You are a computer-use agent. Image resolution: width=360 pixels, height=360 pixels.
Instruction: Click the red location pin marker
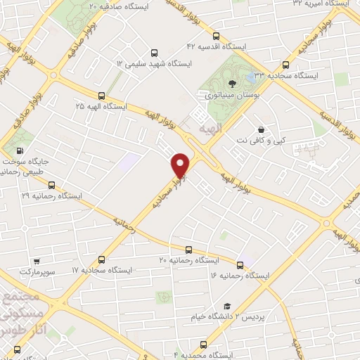pyautogui.click(x=181, y=165)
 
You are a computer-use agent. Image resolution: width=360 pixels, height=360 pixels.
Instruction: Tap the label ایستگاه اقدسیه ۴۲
pyautogui.click(x=219, y=46)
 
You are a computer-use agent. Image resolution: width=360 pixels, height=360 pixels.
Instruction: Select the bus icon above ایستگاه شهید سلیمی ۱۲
pyautogui.click(x=155, y=52)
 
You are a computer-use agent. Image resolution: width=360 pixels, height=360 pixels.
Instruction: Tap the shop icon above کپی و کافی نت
pyautogui.click(x=262, y=130)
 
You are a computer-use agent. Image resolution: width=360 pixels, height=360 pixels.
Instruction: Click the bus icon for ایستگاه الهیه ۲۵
pyautogui.click(x=101, y=96)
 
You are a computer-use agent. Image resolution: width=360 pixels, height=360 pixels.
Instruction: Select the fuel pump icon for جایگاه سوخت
pyautogui.click(x=18, y=150)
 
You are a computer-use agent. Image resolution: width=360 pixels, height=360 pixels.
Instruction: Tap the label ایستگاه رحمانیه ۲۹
pyautogui.click(x=52, y=195)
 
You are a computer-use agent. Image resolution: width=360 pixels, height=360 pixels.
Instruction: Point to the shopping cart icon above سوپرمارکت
pyautogui.click(x=37, y=260)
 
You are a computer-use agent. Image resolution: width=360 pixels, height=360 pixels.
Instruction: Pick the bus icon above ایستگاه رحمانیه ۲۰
pyautogui.click(x=188, y=250)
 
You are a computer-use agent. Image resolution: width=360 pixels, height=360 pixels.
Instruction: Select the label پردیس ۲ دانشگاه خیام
pyautogui.click(x=225, y=316)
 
